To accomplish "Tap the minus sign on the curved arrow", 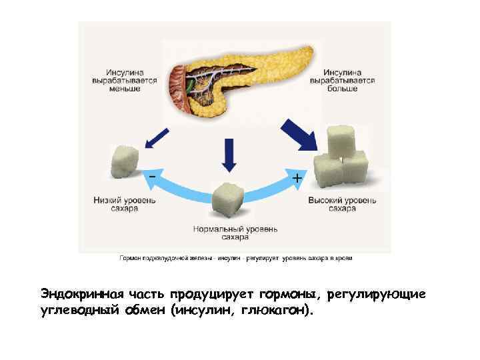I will coord(153,175).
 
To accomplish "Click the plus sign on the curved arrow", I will coord(297,179).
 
